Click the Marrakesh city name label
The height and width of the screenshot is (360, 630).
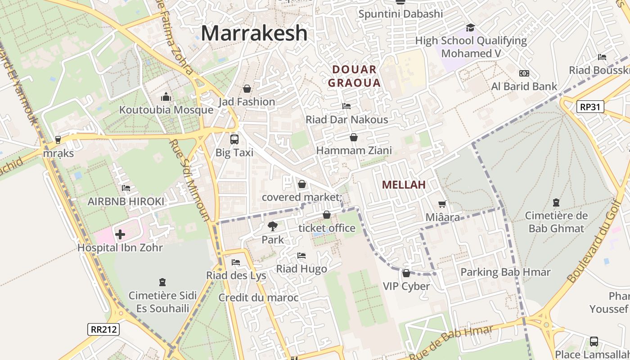tap(254, 33)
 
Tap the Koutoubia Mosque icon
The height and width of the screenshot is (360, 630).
tap(166, 97)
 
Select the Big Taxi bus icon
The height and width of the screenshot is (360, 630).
tap(234, 139)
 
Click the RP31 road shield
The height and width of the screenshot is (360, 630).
tap(590, 107)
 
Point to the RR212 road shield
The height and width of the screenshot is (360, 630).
tap(103, 329)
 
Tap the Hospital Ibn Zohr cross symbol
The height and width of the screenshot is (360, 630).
tap(120, 234)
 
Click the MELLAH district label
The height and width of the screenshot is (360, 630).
tap(404, 184)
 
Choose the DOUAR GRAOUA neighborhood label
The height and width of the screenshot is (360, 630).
tap(354, 76)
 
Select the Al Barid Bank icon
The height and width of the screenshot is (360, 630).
tap(524, 73)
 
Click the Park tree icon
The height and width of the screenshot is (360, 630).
tap(272, 226)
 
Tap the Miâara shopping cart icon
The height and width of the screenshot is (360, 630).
tap(442, 204)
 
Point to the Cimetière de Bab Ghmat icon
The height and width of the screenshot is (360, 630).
tap(556, 202)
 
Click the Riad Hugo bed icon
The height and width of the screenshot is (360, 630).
tap(301, 256)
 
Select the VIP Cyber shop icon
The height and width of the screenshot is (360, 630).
tap(406, 273)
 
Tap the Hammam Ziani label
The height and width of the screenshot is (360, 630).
tap(354, 150)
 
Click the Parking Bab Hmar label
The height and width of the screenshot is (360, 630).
tap(505, 272)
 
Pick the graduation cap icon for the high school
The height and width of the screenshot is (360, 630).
tap(470, 27)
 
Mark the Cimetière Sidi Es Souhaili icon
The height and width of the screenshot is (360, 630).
tap(162, 282)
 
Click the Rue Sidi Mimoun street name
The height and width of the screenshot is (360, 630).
tap(189, 180)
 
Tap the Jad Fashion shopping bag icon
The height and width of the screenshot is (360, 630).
tap(247, 89)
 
